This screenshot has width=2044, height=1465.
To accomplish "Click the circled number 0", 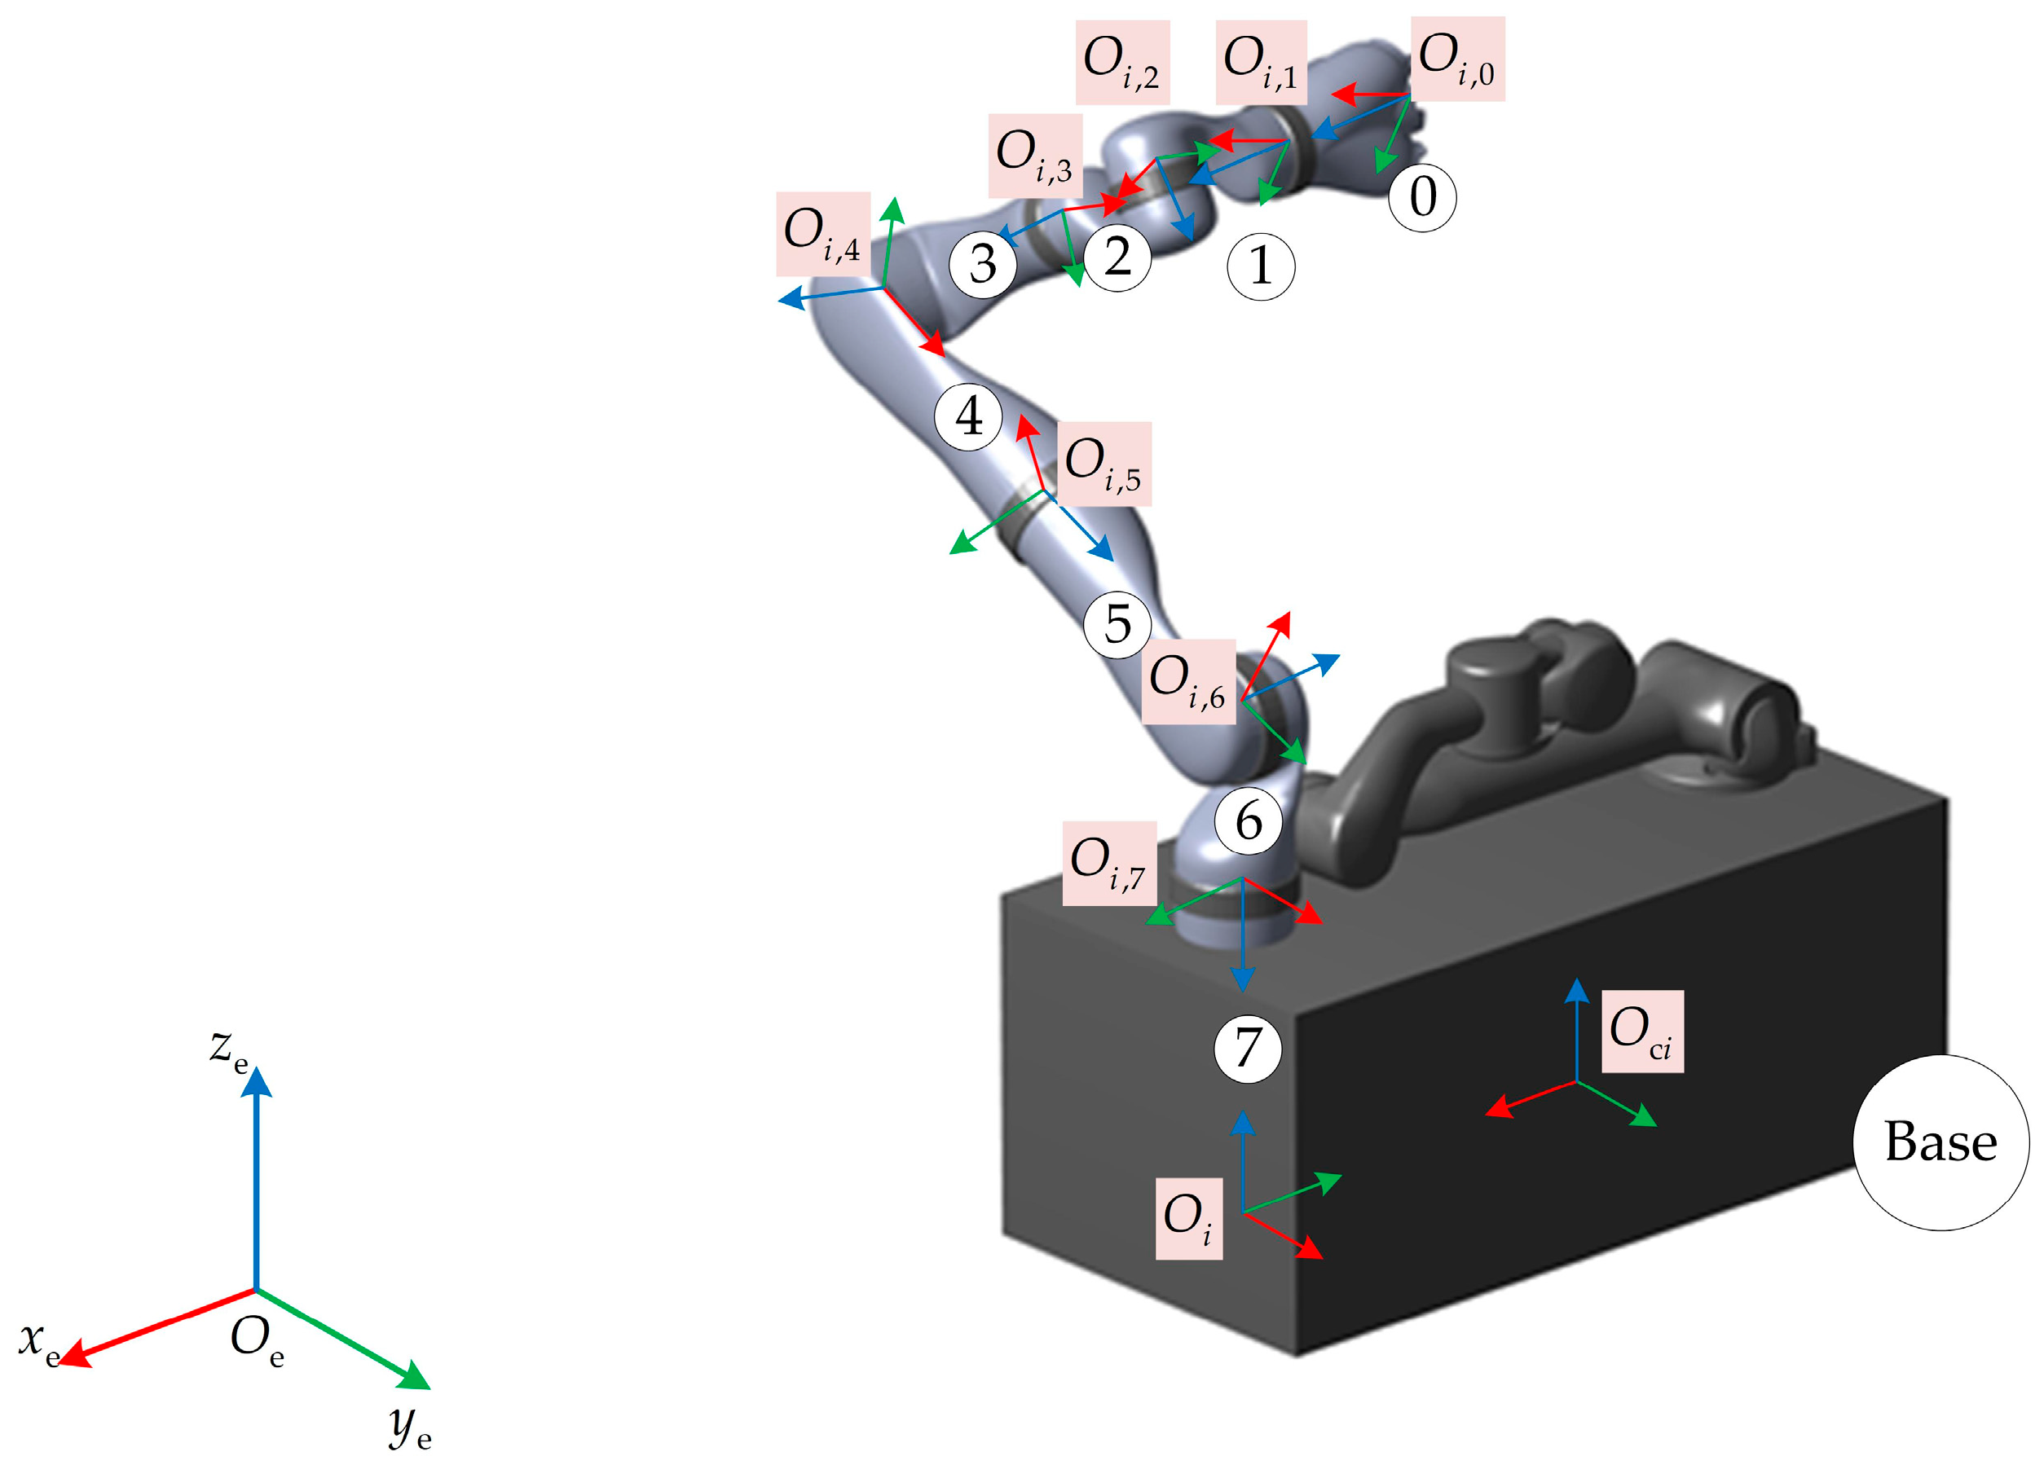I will pyautogui.click(x=1422, y=197).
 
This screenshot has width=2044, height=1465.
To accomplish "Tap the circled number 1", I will pyautogui.click(x=1261, y=266).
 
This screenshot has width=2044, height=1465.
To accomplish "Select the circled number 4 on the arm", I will pyautogui.click(x=969, y=416).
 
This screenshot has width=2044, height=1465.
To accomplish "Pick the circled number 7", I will pyautogui.click(x=1247, y=1049).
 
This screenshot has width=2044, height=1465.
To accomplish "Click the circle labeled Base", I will pyautogui.click(x=1940, y=1142).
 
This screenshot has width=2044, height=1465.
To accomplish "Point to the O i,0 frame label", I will pyautogui.click(x=1456, y=59).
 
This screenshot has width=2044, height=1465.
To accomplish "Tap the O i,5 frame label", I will pyautogui.click(x=1103, y=464).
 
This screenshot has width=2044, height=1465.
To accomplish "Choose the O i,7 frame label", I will pyautogui.click(x=1108, y=863).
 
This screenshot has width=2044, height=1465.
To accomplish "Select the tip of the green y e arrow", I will pyautogui.click(x=427, y=1387).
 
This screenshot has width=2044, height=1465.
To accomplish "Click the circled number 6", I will pyautogui.click(x=1249, y=820).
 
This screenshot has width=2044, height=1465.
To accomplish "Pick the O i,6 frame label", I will pyautogui.click(x=1187, y=681).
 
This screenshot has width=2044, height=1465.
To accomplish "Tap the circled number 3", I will pyautogui.click(x=982, y=263).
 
